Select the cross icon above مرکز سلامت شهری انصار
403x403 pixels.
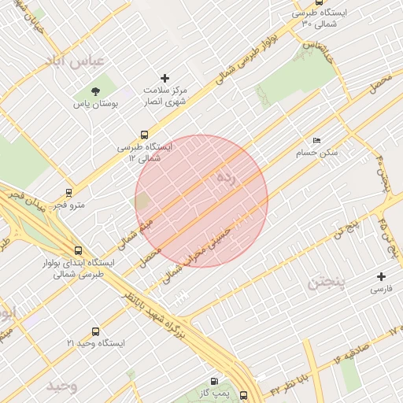pos(165,77)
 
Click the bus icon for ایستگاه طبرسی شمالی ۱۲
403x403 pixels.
pos(143,135)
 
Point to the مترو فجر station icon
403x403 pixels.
pos(69,191)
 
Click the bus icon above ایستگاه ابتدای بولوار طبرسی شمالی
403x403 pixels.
pos(76,250)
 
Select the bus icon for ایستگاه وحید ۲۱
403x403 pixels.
pos(96,331)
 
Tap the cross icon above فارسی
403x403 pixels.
pos(382,276)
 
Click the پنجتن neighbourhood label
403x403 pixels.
pos(325,281)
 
